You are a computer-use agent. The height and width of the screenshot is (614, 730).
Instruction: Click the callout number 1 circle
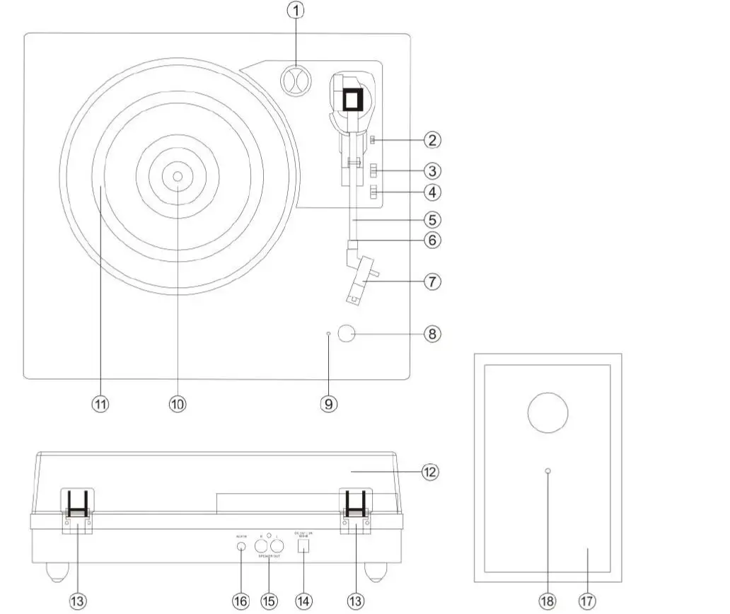click(296, 12)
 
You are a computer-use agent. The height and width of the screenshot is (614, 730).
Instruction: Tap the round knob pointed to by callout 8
click(347, 334)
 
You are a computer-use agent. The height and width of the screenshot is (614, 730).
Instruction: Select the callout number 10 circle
click(177, 403)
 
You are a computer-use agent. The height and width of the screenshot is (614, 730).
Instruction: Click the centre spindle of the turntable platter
click(177, 176)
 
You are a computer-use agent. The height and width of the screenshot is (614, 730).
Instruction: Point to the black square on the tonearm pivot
click(352, 100)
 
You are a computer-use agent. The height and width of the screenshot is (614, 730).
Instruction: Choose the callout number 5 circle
click(431, 220)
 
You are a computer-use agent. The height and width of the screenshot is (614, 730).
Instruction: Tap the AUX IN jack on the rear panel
click(241, 547)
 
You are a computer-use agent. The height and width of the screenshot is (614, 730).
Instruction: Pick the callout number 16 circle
click(241, 600)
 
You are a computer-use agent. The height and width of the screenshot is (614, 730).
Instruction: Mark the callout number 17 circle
click(586, 600)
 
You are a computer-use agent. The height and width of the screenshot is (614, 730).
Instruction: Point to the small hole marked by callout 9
click(329, 333)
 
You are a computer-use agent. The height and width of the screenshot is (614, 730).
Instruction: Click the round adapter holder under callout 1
click(296, 81)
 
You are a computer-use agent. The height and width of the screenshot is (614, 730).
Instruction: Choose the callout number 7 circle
click(431, 281)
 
